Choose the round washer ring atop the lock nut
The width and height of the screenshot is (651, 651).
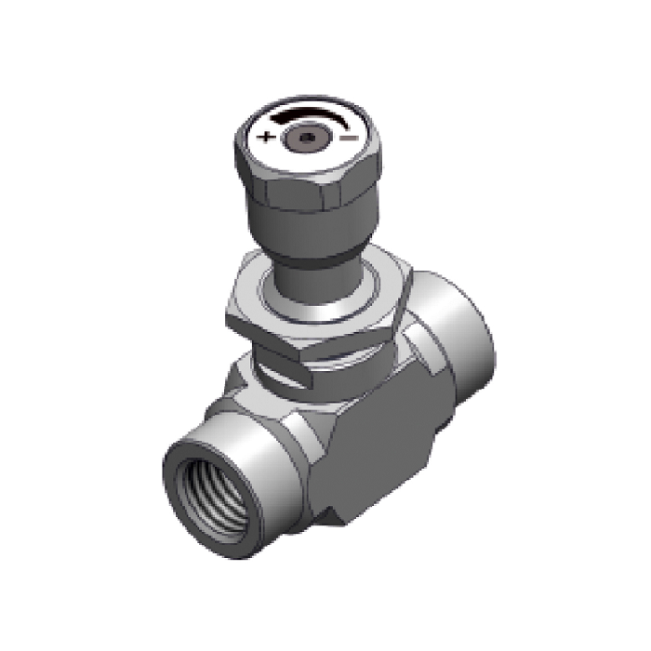(321, 293)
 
